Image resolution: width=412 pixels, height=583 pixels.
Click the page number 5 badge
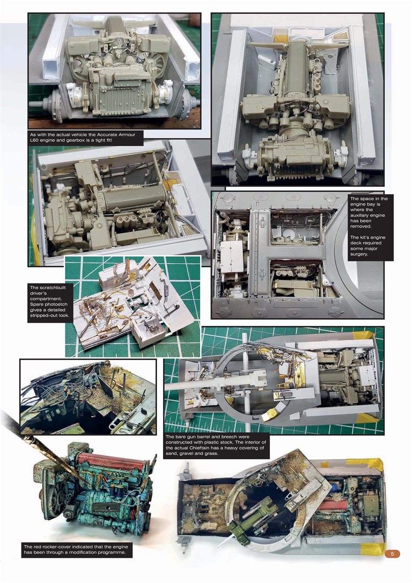pyautogui.click(x=392, y=554)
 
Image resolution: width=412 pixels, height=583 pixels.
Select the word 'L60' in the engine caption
pyautogui.click(x=35, y=141)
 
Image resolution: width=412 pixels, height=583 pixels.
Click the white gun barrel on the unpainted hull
pyautogui.click(x=191, y=386)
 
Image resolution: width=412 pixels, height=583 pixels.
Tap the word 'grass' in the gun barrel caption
pyautogui.click(x=211, y=454)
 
